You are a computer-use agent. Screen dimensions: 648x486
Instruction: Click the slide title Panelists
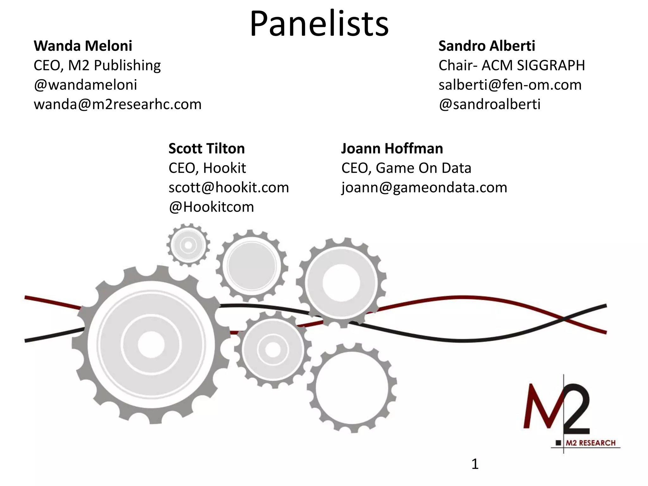tap(319, 24)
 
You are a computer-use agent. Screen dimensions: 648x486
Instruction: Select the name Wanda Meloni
tap(83, 46)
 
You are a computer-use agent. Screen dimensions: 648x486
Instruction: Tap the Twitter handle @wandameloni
tap(85, 85)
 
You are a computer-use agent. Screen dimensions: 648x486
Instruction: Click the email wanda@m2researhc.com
tap(118, 104)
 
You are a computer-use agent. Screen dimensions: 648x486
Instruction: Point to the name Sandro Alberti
tap(487, 46)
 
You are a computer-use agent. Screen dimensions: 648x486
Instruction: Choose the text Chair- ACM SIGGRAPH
tap(512, 65)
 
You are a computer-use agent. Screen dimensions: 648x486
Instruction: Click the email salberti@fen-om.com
tap(510, 85)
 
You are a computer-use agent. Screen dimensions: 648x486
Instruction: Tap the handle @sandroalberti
tap(489, 104)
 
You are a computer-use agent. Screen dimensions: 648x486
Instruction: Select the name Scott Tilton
tap(207, 148)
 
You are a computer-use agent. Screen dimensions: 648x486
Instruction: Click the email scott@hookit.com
tap(229, 187)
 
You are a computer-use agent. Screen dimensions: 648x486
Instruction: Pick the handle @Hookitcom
tap(211, 207)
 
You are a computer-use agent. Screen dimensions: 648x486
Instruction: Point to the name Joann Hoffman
tap(392, 148)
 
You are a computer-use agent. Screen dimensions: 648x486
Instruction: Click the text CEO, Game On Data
tap(406, 168)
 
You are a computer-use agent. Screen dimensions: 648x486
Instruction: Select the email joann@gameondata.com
tap(424, 187)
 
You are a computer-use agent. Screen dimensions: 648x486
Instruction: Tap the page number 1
tap(475, 464)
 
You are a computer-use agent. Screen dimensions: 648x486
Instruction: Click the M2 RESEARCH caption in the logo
tap(590, 443)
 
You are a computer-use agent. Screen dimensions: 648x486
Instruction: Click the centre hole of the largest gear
tap(151, 344)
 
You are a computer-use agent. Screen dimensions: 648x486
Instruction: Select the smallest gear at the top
tap(188, 245)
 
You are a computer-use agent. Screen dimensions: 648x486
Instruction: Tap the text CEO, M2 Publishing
tap(97, 65)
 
